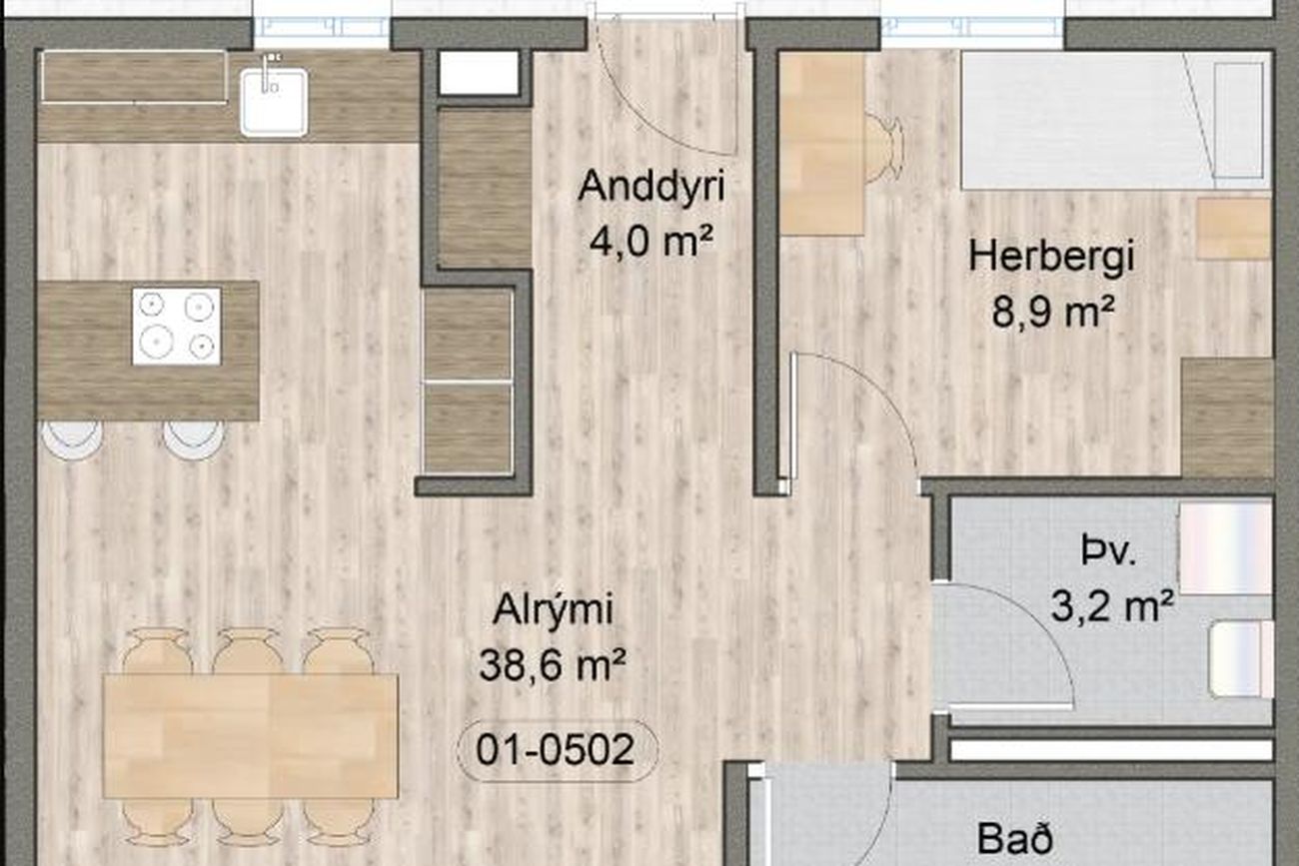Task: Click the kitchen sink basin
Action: tap(274, 103)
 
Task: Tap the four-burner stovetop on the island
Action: tap(176, 327)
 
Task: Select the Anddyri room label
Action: tap(651, 187)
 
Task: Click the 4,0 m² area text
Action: tap(650, 241)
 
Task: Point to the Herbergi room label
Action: tap(1051, 258)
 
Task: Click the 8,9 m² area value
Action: tap(1052, 312)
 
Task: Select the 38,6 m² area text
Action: tap(552, 665)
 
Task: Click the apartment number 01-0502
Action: tap(555, 749)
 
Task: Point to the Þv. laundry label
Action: tap(1108, 551)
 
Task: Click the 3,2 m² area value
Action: tap(1112, 607)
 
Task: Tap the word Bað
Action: tap(1015, 838)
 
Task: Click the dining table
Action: tap(251, 735)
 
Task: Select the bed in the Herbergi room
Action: tap(1116, 121)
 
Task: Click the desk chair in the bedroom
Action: tap(883, 149)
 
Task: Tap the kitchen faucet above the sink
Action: tap(269, 73)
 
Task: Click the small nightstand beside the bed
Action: tap(1234, 229)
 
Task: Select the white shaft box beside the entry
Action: tap(479, 73)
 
